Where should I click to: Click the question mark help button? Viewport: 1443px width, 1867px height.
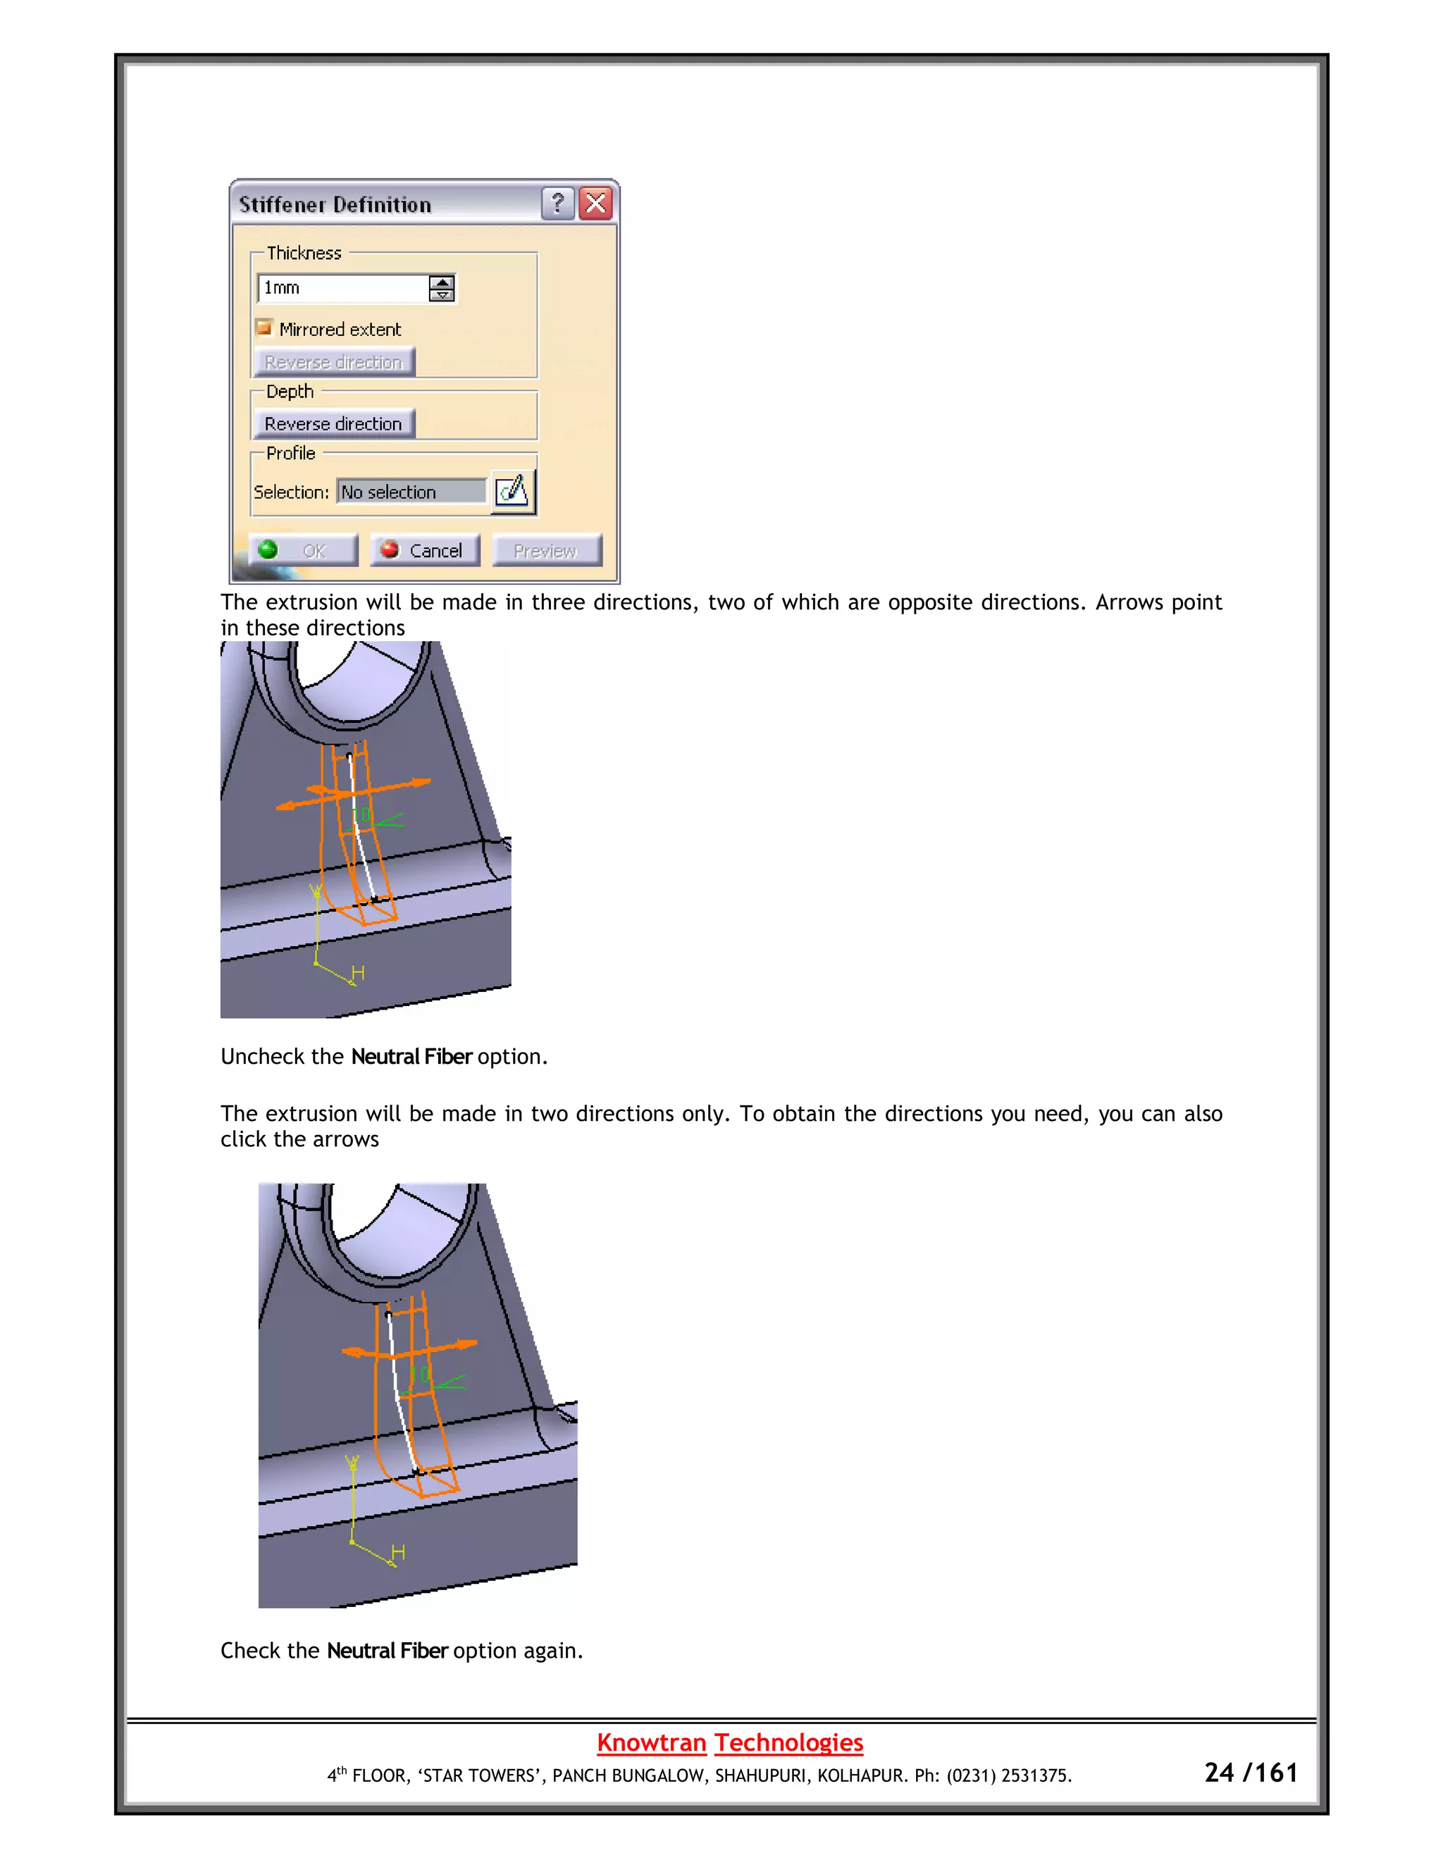pyautogui.click(x=557, y=204)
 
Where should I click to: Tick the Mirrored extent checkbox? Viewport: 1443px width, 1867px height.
pyautogui.click(x=264, y=328)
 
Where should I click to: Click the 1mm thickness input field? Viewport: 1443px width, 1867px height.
pyautogui.click(x=342, y=288)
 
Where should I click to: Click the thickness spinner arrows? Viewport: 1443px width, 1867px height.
pyautogui.click(x=441, y=288)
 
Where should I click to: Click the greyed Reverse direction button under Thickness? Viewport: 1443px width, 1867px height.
pyautogui.click(x=333, y=362)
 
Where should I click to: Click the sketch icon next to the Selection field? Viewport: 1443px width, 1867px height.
pyautogui.click(x=512, y=492)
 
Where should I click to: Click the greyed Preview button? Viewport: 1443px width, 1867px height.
pyautogui.click(x=545, y=550)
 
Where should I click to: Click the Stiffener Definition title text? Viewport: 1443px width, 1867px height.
pyautogui.click(x=335, y=205)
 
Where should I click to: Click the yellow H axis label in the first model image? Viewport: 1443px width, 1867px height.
pyautogui.click(x=358, y=973)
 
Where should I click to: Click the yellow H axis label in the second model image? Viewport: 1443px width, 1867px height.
pyautogui.click(x=397, y=1552)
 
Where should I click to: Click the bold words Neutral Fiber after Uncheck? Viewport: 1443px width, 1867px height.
pyautogui.click(x=411, y=1057)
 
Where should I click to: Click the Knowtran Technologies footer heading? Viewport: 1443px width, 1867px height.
pyautogui.click(x=729, y=1742)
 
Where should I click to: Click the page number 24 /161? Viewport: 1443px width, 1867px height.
pyautogui.click(x=1250, y=1773)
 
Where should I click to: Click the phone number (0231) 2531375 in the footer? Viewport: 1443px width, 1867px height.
pyautogui.click(x=1009, y=1775)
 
